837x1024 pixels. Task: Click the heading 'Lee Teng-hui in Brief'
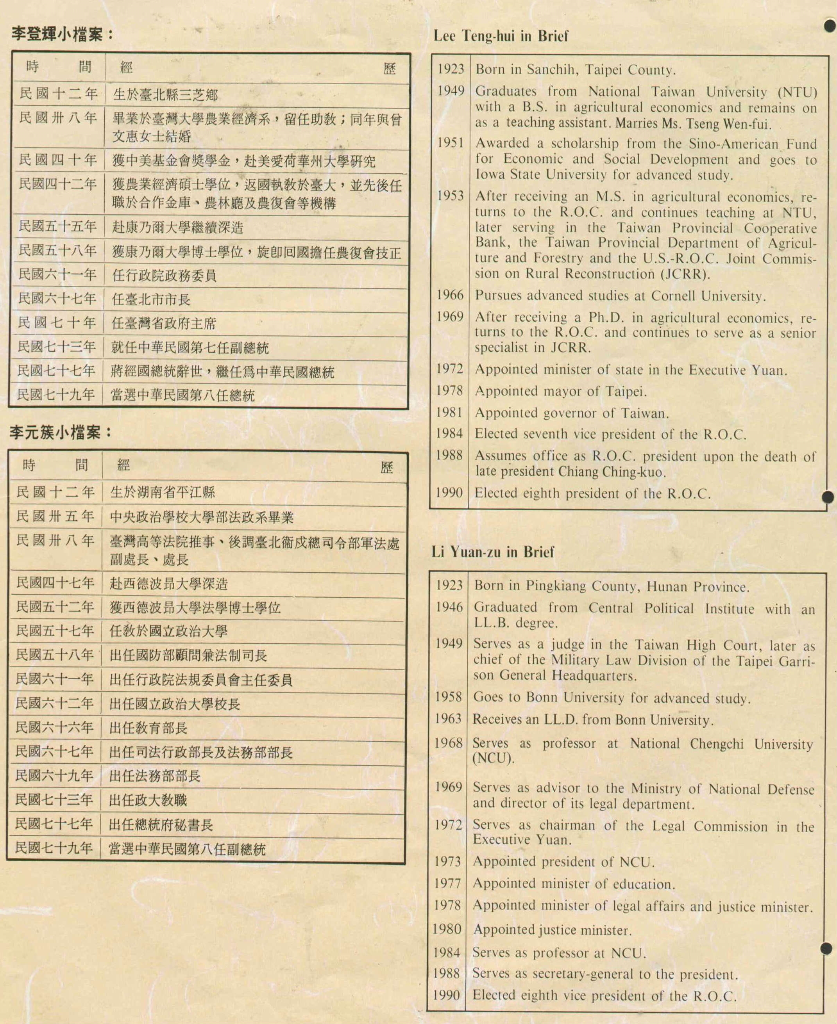click(501, 36)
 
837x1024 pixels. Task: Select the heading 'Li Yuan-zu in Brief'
click(492, 552)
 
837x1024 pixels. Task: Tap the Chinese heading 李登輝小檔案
click(62, 34)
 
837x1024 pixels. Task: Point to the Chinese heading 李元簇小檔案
click(60, 433)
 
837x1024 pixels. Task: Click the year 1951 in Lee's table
click(450, 143)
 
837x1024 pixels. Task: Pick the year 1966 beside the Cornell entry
click(450, 295)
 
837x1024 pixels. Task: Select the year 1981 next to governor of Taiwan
click(449, 412)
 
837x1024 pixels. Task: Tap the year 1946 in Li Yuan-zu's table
click(449, 607)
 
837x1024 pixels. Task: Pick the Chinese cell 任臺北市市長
click(151, 299)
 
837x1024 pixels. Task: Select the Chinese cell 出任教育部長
click(148, 728)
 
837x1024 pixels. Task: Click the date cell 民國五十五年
click(57, 226)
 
